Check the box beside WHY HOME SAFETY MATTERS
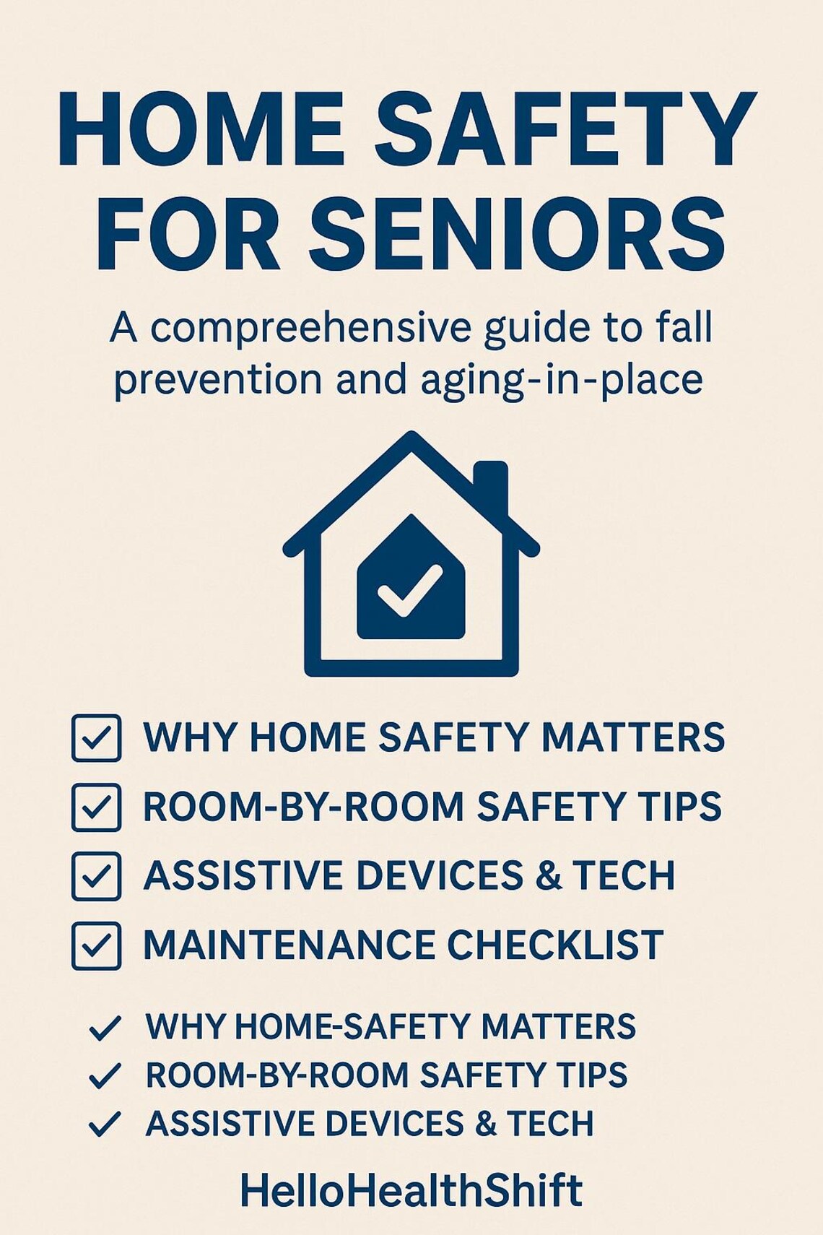(x=96, y=737)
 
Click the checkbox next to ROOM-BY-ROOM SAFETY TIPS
(x=96, y=807)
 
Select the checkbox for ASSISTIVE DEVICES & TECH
(x=96, y=875)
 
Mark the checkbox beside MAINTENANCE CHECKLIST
(x=96, y=945)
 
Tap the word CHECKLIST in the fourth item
(x=555, y=945)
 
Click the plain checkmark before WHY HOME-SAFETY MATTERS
(x=104, y=1028)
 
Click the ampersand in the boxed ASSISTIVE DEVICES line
(x=549, y=875)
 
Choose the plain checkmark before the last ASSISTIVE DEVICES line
(x=104, y=1124)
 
